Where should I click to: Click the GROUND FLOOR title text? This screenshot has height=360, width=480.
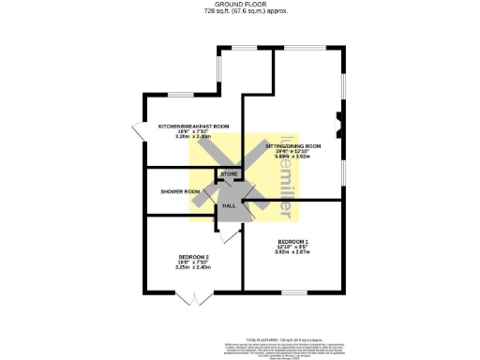click(240, 4)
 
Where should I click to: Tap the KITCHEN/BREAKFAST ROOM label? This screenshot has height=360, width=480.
click(193, 126)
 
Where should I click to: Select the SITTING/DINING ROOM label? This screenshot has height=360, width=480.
click(293, 147)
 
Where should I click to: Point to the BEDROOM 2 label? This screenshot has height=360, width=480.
click(194, 257)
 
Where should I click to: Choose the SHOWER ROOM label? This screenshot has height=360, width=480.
click(180, 192)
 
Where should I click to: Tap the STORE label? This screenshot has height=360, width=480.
click(229, 174)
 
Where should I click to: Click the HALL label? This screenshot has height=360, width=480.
click(228, 206)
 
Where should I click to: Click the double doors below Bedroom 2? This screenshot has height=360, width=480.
click(192, 299)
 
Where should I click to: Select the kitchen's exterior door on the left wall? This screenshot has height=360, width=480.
click(140, 133)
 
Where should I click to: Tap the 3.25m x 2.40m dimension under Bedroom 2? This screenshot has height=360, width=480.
click(194, 268)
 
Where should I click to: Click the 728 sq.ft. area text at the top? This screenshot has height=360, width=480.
click(240, 11)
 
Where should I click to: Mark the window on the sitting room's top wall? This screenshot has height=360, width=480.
click(305, 47)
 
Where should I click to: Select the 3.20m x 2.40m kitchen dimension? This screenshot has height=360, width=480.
click(193, 137)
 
